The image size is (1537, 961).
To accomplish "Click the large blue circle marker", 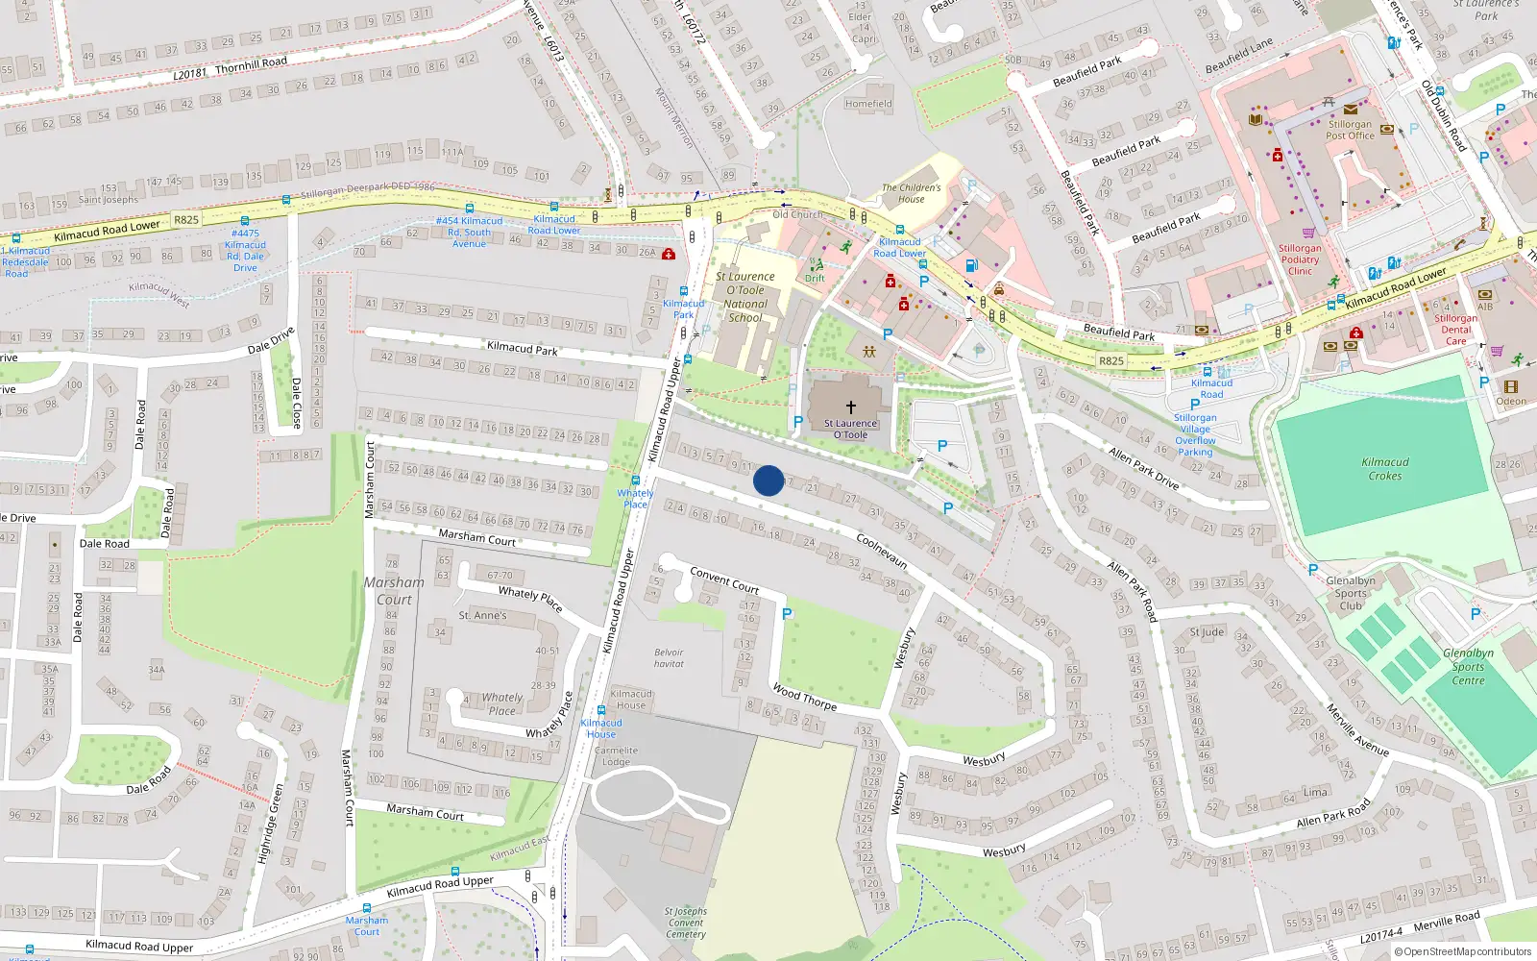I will coord(768,480).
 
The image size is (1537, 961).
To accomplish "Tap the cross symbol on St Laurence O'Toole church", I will coord(850,407).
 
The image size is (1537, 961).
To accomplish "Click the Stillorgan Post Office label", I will coord(1350,130).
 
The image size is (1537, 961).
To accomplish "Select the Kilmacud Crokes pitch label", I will coord(1384,469).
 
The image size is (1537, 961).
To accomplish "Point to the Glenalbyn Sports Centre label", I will coord(1468,667).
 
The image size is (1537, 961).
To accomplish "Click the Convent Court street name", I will coord(724,579).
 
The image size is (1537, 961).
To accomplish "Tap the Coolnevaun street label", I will coord(882,551).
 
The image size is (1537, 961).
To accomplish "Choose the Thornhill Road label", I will coord(251,64).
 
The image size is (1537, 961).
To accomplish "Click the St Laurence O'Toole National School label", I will coord(745,296).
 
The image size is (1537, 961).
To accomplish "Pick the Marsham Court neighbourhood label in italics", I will coord(394,590).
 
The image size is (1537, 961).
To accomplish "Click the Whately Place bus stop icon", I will coord(635,480).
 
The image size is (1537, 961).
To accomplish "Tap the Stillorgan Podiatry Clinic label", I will coord(1300,259).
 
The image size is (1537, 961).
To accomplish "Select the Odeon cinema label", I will coord(1510,402).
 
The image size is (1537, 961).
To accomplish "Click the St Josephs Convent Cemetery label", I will coord(686,923).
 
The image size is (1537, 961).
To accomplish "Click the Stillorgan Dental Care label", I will coord(1455,330).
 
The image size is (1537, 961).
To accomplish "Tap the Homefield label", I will coord(868,104).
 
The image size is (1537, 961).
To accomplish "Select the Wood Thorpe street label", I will coord(805,697).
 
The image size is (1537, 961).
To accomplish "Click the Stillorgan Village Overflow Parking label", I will coord(1195,434).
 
